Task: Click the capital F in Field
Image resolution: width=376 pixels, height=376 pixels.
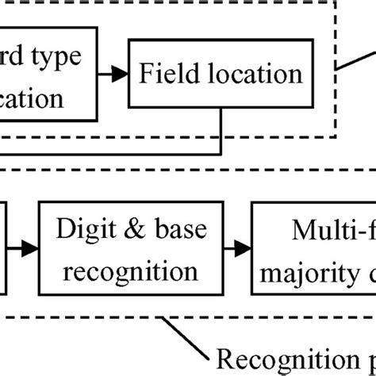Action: pyautogui.click(x=145, y=75)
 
